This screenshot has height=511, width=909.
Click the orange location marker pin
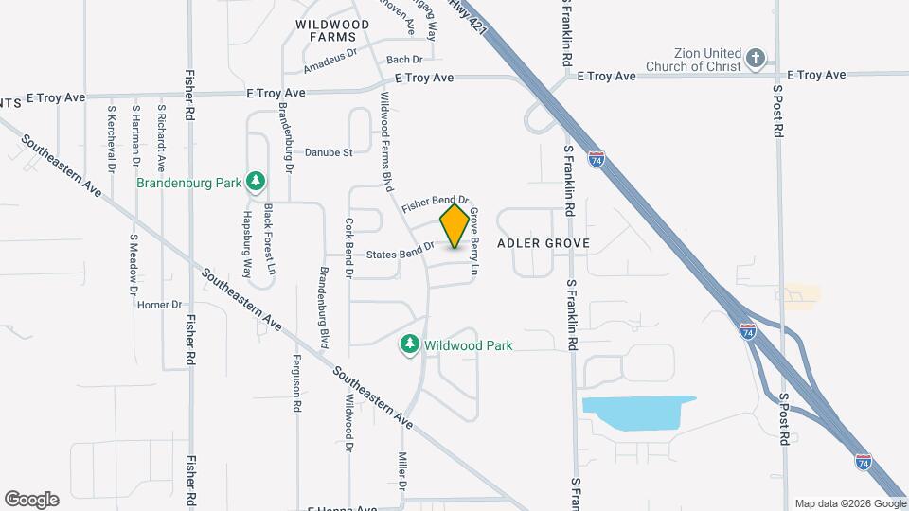click(455, 226)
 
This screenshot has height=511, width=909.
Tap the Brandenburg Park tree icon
click(254, 181)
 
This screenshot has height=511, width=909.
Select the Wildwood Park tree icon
click(410, 345)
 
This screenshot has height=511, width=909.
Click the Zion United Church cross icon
click(755, 60)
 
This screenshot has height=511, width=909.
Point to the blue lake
click(639, 413)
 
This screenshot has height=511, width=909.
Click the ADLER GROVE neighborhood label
click(544, 243)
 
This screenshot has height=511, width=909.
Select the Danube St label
click(329, 151)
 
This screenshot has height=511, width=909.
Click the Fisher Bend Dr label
click(435, 203)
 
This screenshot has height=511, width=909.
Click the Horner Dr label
click(158, 305)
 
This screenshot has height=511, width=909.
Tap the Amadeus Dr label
click(330, 62)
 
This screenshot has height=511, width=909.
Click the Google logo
click(31, 499)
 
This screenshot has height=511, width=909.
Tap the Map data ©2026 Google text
click(849, 503)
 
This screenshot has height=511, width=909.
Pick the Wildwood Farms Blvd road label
click(386, 142)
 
